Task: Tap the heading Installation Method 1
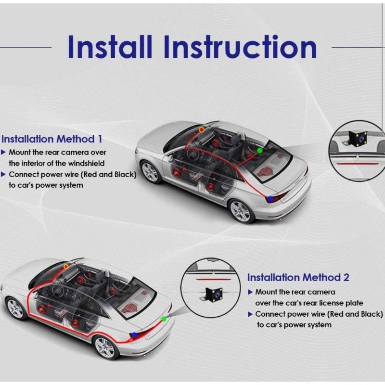pyautogui.click(x=52, y=139)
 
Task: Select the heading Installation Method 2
pyautogui.click(x=298, y=277)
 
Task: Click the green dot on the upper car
pyautogui.click(x=260, y=150)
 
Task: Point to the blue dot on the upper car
pyautogui.click(x=271, y=198)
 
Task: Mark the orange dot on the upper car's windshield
pyautogui.click(x=201, y=130)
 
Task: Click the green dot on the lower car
pyautogui.click(x=164, y=319)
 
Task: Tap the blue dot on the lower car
pyautogui.click(x=134, y=334)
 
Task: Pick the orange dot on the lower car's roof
pyautogui.click(x=66, y=266)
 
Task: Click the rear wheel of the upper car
pyautogui.click(x=240, y=210)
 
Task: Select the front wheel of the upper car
pyautogui.click(x=151, y=172)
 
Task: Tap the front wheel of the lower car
pyautogui.click(x=15, y=308)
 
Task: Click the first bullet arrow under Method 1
pyautogui.click(x=4, y=152)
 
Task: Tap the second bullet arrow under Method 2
pyautogui.click(x=250, y=314)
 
